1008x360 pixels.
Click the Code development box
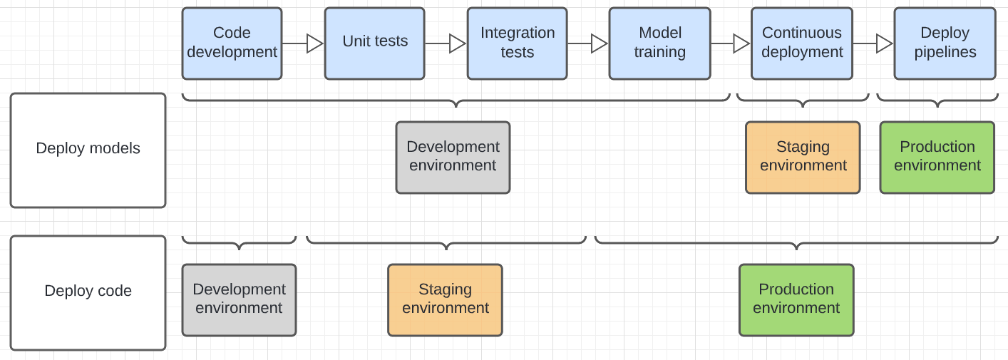tap(232, 43)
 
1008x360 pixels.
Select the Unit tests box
tap(374, 43)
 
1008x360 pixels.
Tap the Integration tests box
tap(517, 43)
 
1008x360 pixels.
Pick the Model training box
tap(659, 43)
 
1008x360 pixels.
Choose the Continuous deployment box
tap(802, 43)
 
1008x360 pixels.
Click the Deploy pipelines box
tap(945, 43)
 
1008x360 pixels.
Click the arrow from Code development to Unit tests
tap(303, 43)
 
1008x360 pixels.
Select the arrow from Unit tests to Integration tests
tap(446, 43)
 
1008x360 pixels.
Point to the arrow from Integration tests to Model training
tap(587, 43)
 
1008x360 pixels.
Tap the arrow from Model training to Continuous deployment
tap(731, 43)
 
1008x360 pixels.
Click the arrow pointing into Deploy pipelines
tap(873, 43)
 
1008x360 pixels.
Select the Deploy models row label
tap(88, 150)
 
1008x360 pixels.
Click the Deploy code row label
tap(88, 292)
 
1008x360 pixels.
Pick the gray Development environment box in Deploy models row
tap(453, 157)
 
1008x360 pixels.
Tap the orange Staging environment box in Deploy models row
tap(803, 157)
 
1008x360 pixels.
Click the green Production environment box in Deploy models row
tap(937, 157)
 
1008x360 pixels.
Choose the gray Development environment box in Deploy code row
tap(239, 299)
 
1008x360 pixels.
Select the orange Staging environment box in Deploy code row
tap(445, 299)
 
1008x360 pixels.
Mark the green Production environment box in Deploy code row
tap(796, 299)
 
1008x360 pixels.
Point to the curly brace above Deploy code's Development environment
tap(239, 243)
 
